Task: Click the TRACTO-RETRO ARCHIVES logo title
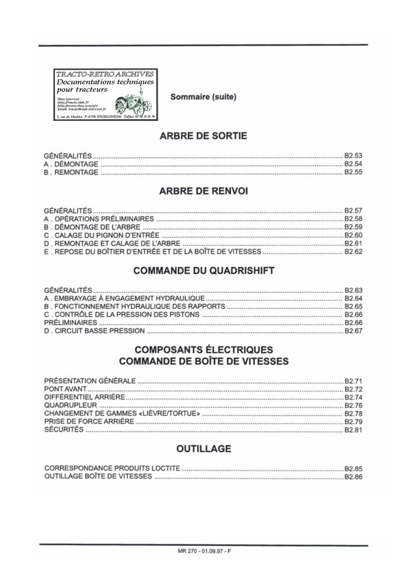(105, 74)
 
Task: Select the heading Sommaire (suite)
(203, 97)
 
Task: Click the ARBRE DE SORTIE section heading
(203, 136)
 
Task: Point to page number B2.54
(353, 165)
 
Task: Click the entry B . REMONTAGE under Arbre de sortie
(71, 173)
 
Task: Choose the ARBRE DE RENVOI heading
(203, 191)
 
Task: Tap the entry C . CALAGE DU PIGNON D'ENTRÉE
(102, 235)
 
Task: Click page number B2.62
(353, 252)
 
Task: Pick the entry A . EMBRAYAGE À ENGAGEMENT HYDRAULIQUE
(124, 298)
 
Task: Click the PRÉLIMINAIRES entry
(71, 322)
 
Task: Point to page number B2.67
(353, 331)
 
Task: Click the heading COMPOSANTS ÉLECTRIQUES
(204, 350)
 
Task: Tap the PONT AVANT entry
(65, 389)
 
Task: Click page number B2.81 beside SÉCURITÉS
(353, 430)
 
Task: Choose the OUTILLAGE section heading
(204, 449)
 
